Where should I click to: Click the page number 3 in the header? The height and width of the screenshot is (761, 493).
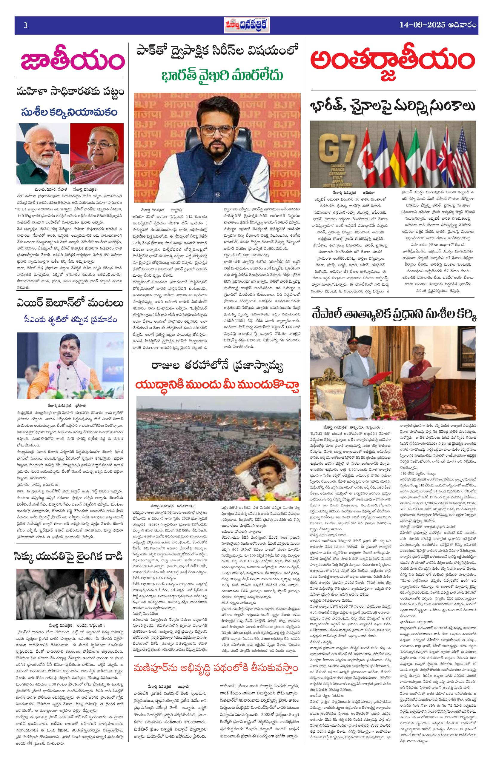tap(25, 26)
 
